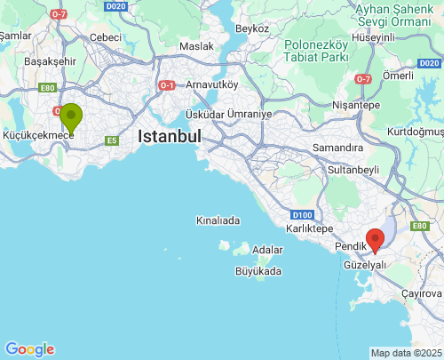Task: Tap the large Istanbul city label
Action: (x=170, y=136)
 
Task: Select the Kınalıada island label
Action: (x=218, y=220)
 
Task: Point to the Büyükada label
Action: (x=258, y=271)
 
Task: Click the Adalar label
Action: (x=267, y=250)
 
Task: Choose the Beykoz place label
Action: (x=253, y=28)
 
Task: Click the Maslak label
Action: (x=196, y=46)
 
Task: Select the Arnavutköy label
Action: (x=213, y=84)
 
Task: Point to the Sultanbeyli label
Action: (x=353, y=168)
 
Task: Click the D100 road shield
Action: (x=300, y=214)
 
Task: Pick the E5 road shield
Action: (x=111, y=140)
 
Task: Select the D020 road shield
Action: (x=115, y=6)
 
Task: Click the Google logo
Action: (x=29, y=349)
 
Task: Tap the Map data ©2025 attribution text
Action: (x=405, y=353)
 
